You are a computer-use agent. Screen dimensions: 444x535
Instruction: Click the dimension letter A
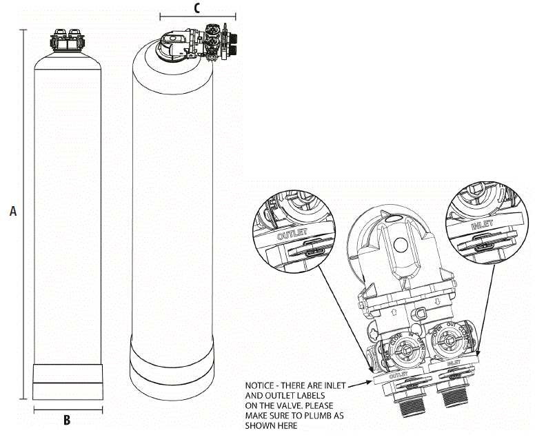[12, 212]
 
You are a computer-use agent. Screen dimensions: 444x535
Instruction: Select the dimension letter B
[68, 420]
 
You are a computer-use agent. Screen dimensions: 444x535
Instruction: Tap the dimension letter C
[197, 8]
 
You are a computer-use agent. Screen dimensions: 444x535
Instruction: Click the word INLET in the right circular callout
[482, 225]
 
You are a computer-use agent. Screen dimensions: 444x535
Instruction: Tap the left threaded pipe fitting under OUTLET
[411, 403]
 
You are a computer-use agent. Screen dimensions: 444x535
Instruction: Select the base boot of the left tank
[68, 381]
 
